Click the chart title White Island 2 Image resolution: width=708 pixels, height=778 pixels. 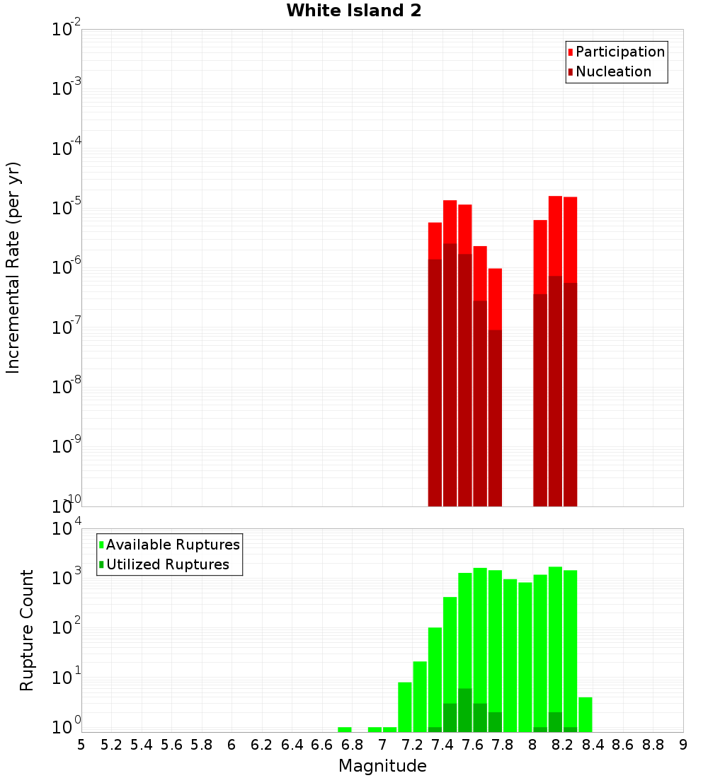click(353, 11)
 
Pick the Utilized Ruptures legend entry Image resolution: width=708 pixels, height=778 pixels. click(167, 564)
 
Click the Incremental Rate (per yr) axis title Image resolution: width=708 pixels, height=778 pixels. click(13, 267)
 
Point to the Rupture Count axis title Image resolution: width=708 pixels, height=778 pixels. click(27, 629)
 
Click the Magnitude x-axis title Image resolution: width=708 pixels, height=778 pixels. click(382, 766)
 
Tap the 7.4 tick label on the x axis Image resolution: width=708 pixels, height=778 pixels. click(442, 745)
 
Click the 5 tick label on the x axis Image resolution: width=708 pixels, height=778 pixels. click(81, 745)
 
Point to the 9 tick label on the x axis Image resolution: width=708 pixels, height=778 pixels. click(683, 745)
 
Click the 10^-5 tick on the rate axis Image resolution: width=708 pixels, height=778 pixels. click(65, 208)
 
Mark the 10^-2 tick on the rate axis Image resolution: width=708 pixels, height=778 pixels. click(65, 30)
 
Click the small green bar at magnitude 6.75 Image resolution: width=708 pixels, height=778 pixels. click(345, 729)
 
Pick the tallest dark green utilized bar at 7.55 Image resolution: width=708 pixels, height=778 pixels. click(465, 710)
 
